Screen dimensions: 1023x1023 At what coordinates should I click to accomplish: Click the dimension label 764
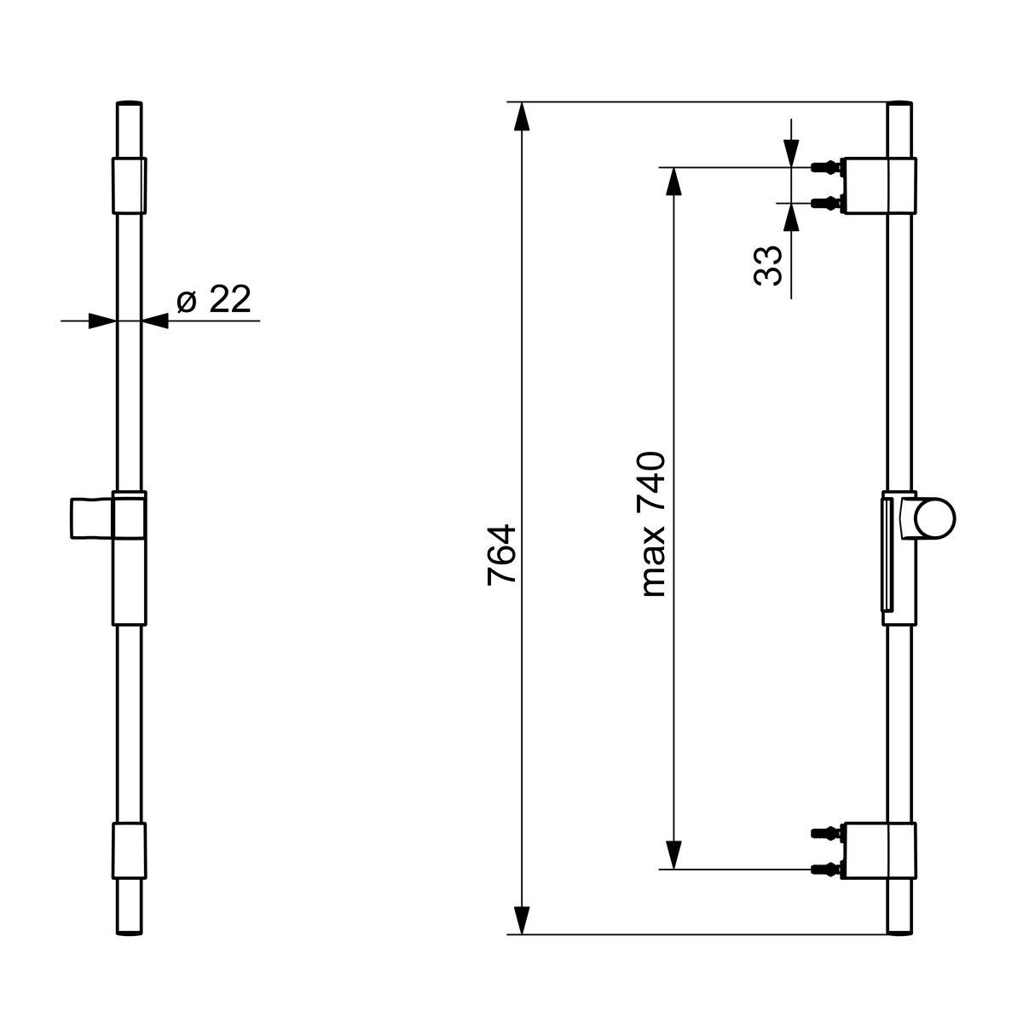coord(501,555)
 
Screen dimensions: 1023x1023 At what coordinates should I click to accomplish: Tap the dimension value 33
coord(767,266)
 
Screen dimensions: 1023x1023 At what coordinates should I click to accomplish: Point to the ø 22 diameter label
coord(213,299)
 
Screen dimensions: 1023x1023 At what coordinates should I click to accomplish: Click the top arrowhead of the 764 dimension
coord(522,116)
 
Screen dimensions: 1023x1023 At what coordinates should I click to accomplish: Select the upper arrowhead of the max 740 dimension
coord(673,181)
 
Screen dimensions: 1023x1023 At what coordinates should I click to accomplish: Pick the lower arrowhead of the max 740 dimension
coord(673,855)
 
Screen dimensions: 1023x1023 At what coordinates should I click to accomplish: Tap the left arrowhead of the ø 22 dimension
coord(102,321)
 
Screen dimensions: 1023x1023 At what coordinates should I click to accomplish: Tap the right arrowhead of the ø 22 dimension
coord(155,321)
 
